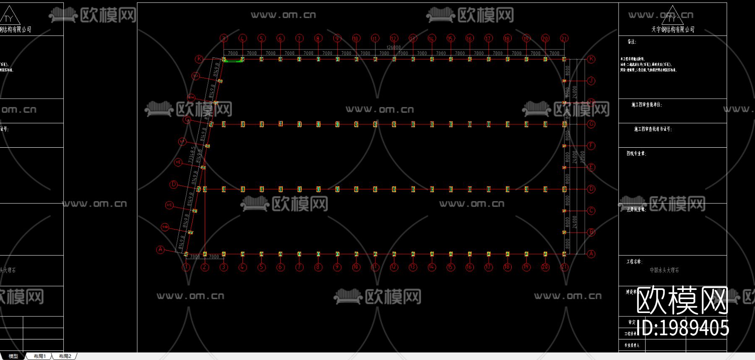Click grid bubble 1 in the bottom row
coord(186,267)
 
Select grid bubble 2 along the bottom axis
coord(205,267)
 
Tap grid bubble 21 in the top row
coord(564,38)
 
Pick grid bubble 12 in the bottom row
coord(394,267)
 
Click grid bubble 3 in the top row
coord(224,38)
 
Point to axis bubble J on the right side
coord(591,81)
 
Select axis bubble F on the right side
coord(591,146)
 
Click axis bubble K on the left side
coord(199,59)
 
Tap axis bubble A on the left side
coord(160,250)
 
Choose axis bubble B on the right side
coord(591,232)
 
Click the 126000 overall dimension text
coord(393,47)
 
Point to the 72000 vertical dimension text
coord(582,157)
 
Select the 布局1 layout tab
coord(40,356)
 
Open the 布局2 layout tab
coord(65,356)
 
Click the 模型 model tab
coord(13,356)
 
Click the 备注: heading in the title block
coord(632,42)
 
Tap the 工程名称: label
coord(634,261)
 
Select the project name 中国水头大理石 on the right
coord(664,270)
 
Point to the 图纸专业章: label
coord(636,154)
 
